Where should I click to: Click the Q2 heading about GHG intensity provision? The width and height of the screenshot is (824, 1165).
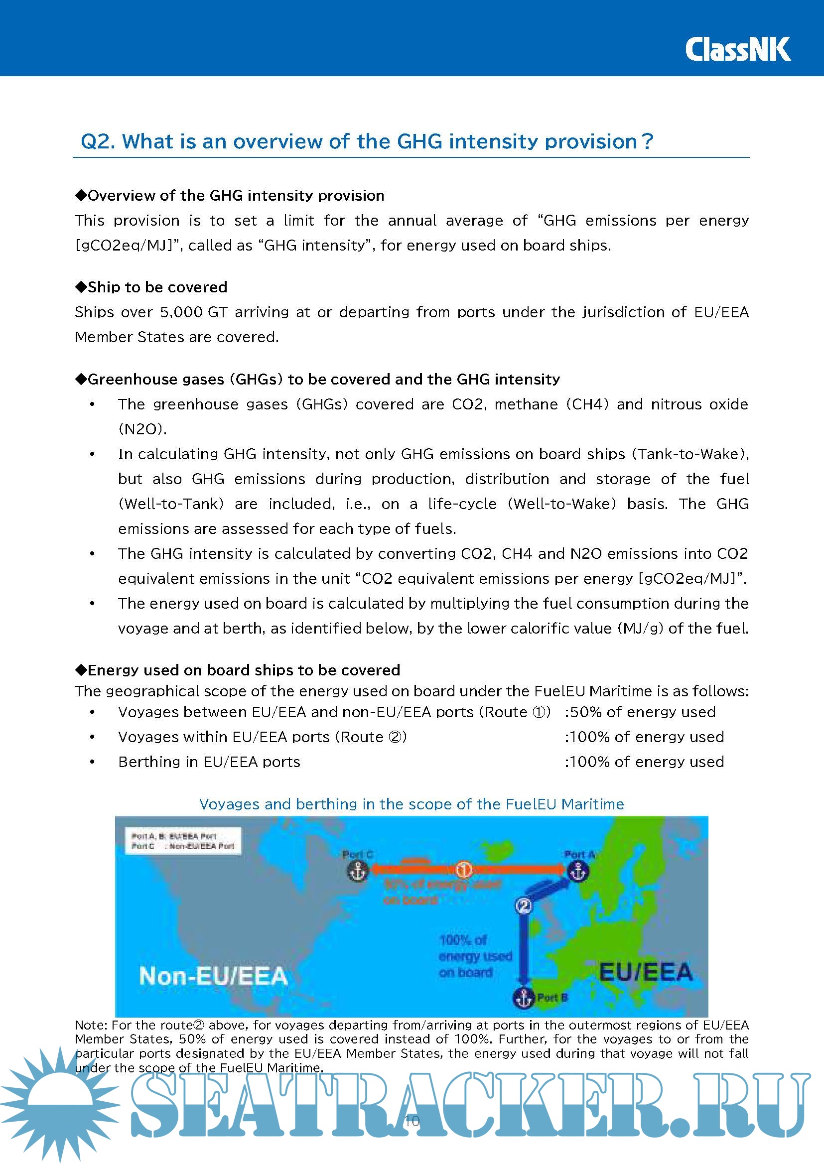(366, 141)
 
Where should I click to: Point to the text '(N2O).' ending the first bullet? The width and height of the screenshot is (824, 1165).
(142, 429)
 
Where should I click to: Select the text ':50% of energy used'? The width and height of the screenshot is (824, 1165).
(640, 712)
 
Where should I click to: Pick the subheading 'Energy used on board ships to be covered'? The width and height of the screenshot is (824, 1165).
(243, 670)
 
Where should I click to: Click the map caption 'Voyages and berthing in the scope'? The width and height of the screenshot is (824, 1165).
(411, 804)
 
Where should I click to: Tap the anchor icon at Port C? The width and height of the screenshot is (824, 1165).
(358, 871)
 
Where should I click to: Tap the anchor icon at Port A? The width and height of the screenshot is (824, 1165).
(578, 871)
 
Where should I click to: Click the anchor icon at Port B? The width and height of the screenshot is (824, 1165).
(523, 998)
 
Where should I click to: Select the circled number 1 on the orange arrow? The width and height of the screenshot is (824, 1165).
(463, 870)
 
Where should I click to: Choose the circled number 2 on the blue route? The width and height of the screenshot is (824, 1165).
(523, 906)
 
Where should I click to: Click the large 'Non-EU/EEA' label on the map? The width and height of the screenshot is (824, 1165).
(213, 976)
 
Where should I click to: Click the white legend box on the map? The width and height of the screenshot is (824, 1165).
(183, 841)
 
